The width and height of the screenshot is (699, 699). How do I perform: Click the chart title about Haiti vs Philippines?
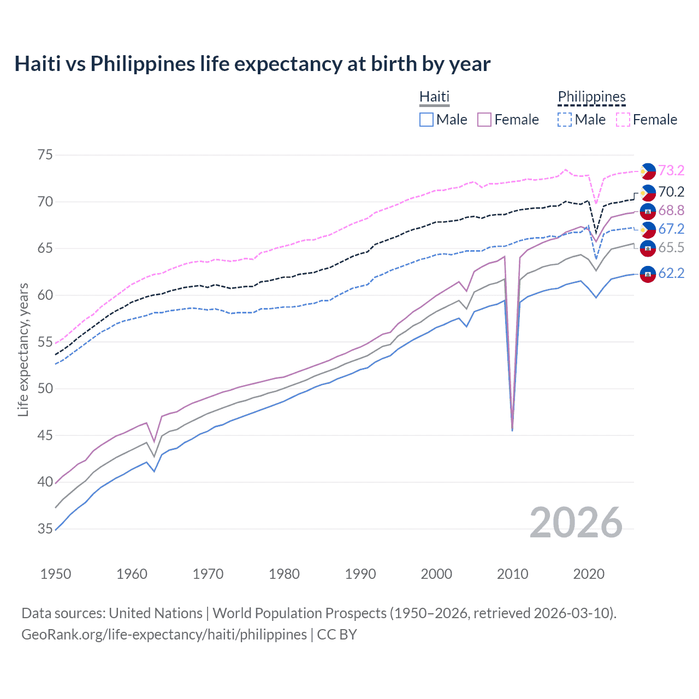tap(252, 64)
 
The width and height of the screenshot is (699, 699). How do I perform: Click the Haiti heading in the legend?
tap(434, 97)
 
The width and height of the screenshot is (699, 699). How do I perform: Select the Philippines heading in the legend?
tap(591, 97)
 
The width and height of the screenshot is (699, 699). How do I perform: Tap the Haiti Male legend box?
tap(426, 120)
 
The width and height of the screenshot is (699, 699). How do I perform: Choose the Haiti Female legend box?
tap(484, 120)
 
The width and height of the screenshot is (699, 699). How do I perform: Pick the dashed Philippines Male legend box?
tap(565, 120)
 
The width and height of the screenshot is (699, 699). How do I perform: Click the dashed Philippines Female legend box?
tap(623, 120)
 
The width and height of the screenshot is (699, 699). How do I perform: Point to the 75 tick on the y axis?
tap(45, 155)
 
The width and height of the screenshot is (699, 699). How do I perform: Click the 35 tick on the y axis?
tap(45, 529)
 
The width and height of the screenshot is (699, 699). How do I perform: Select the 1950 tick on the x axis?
tap(56, 574)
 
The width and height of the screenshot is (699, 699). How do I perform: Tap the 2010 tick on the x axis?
tap(512, 574)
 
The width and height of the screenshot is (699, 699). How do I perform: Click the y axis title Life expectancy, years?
tap(23, 349)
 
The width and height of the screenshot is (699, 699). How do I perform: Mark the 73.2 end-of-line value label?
tap(671, 171)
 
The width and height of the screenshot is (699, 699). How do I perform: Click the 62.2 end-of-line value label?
tap(671, 274)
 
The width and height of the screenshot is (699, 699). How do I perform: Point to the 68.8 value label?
tap(671, 211)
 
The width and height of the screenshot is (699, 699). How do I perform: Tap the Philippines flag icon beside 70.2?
tap(648, 193)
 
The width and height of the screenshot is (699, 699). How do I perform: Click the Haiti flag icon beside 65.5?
tap(648, 248)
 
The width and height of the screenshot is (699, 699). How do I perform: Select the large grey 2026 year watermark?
tap(576, 523)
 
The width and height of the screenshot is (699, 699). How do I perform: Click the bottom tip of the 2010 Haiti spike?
tap(512, 430)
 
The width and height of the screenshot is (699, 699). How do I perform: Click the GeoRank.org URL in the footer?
tap(164, 635)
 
